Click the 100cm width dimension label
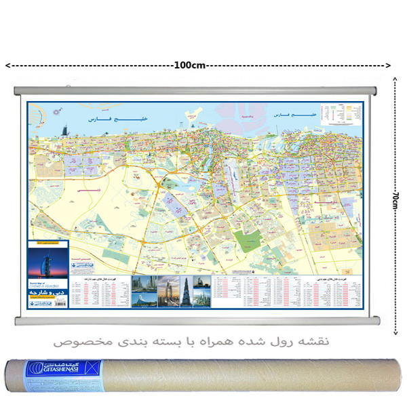(191, 65)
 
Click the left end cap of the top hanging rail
(18, 90)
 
